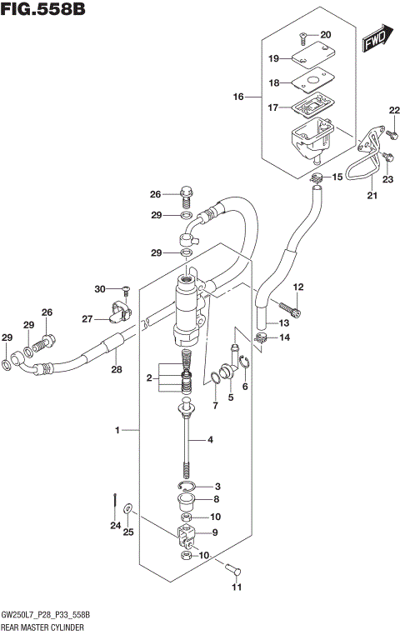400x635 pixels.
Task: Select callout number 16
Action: [x=238, y=97]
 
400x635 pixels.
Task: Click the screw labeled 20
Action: [x=304, y=37]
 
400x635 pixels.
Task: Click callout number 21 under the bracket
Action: [x=372, y=196]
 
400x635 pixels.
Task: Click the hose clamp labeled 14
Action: [x=261, y=337]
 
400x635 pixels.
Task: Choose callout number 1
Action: [x=119, y=430]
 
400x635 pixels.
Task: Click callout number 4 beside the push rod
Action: [x=211, y=439]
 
